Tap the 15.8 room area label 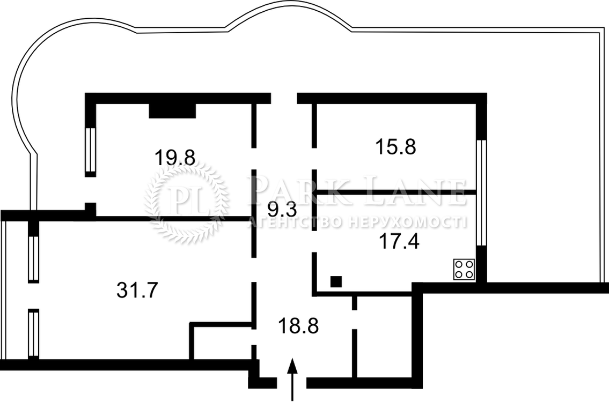coord(396,147)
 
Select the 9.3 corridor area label coord(282,210)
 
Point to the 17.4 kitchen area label coord(399,242)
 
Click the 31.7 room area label coord(137,290)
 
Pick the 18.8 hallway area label coord(298,325)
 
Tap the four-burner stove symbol coord(465,269)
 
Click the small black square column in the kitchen coord(336,281)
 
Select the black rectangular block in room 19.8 coord(172,110)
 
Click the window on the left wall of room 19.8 coord(90,150)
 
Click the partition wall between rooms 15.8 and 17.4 coord(397,192)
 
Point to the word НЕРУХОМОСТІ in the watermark coord(407,222)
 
